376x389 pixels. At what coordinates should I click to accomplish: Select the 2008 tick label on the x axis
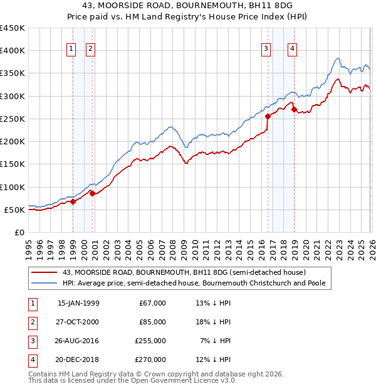(x=172, y=245)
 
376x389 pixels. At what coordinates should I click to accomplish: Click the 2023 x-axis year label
(x=337, y=245)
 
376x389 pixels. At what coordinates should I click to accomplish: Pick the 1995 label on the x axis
(x=29, y=245)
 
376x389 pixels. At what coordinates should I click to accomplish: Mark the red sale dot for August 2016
(x=268, y=116)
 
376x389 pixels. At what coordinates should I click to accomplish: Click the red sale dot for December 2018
(x=294, y=110)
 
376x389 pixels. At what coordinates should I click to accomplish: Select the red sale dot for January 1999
(x=73, y=201)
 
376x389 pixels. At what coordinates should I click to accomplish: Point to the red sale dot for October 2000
(x=92, y=193)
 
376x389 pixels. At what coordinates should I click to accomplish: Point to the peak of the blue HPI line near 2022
(x=337, y=58)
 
